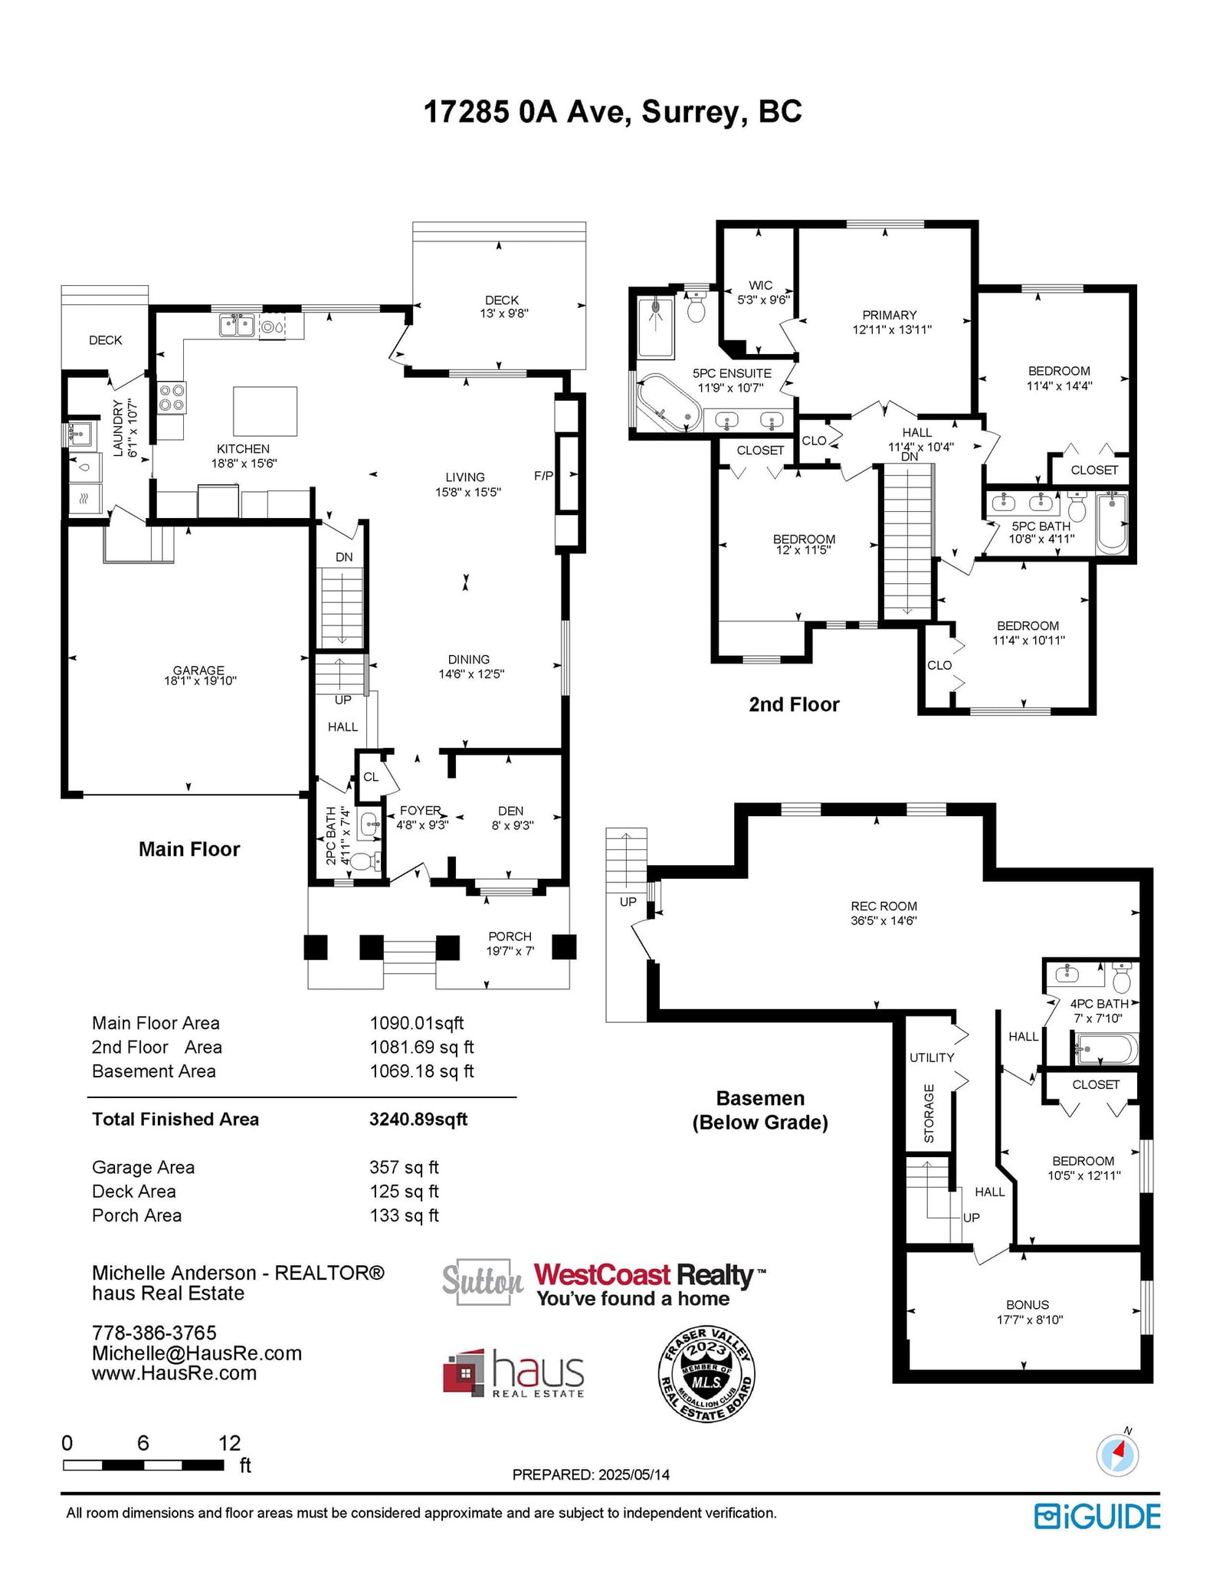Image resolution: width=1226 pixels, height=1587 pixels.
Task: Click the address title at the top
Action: coord(612,112)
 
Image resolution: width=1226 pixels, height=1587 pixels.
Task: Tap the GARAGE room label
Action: coord(198,670)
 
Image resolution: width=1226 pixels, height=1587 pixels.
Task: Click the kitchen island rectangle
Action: coord(265,412)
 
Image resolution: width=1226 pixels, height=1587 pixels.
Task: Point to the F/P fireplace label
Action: coord(543,476)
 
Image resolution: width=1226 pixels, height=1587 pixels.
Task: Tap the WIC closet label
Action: coord(761,285)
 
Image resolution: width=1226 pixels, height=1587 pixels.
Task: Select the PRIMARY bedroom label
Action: coord(890,315)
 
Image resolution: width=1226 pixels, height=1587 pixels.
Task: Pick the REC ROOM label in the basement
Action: coord(883,906)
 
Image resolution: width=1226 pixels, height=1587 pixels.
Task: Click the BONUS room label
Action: coord(1028,1304)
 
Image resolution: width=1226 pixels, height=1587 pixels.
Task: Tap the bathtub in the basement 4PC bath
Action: coord(1106,1048)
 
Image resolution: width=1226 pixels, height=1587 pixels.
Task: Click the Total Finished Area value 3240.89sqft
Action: coord(418,1120)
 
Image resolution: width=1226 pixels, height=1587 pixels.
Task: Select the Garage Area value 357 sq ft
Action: coord(404,1167)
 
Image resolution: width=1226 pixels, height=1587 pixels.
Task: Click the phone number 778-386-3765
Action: coord(154,1333)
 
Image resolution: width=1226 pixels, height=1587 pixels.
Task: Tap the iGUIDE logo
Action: coord(1097,1517)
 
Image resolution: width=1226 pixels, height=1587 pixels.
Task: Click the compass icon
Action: coord(1118,1455)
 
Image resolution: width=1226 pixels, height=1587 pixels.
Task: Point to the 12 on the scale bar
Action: coord(229,1444)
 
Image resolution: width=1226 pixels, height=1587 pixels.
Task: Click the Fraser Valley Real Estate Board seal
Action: coord(707,1375)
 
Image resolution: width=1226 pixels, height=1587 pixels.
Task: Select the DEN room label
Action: coord(511,811)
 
